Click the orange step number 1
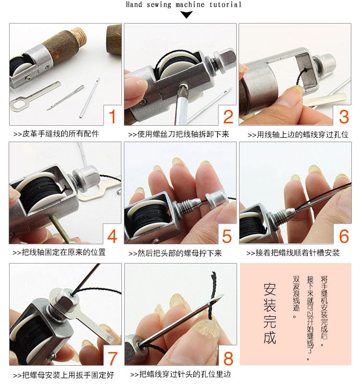(x=112, y=117)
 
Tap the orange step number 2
(x=228, y=117)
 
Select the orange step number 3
(x=344, y=117)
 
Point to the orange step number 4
(x=112, y=236)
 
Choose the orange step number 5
(x=227, y=236)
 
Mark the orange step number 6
(x=344, y=236)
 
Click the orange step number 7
(x=112, y=359)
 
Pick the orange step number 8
(x=228, y=359)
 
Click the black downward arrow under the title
(x=187, y=15)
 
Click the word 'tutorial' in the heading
(x=225, y=4)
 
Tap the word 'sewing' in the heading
(x=159, y=4)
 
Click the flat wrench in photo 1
(x=35, y=96)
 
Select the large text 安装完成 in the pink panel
(x=270, y=313)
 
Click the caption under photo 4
(x=59, y=252)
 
